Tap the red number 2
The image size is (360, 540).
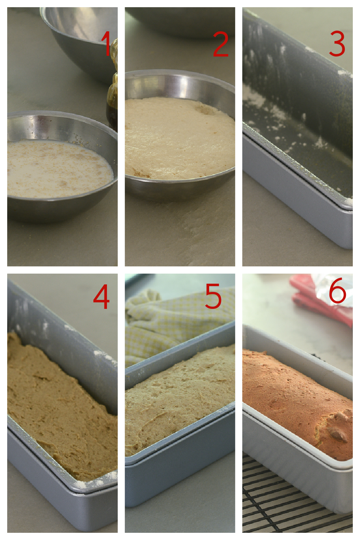[221, 44]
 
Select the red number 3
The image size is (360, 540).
[337, 44]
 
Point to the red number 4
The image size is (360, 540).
[101, 296]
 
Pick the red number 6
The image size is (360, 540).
[338, 290]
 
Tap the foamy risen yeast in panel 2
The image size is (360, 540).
[180, 139]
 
